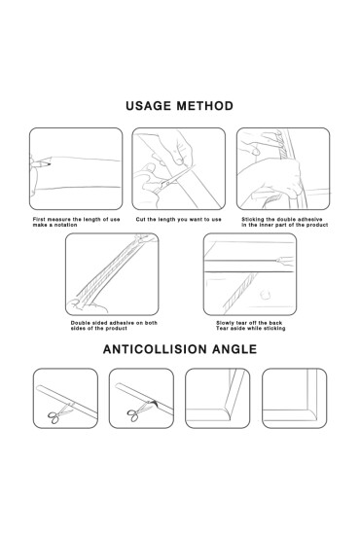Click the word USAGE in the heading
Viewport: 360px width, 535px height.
(149, 106)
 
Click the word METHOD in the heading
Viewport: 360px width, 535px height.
(205, 106)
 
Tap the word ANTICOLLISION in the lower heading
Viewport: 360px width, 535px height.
(155, 349)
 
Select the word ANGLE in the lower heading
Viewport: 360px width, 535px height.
(234, 349)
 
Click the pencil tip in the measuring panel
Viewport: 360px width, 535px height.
(50, 164)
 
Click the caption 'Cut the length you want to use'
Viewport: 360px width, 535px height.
(178, 220)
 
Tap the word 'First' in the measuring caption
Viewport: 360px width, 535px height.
(39, 220)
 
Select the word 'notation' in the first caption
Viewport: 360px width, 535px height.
(66, 225)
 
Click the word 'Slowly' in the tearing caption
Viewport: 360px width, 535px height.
(225, 323)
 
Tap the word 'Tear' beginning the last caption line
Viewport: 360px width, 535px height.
(222, 328)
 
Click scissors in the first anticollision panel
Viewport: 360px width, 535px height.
(59, 413)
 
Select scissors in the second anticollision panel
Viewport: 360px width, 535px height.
(138, 411)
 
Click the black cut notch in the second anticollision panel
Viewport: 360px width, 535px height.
(156, 403)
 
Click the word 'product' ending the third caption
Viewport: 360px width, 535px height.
(317, 225)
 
